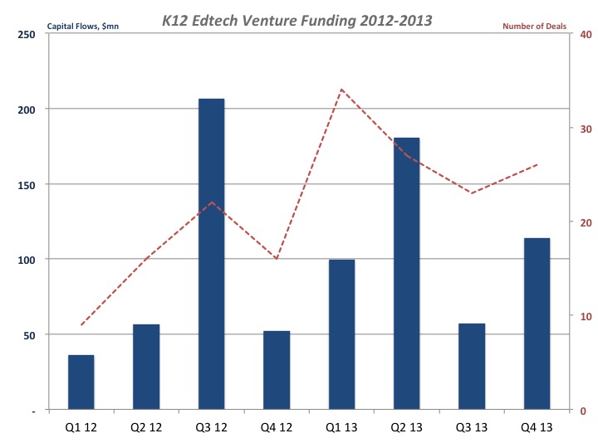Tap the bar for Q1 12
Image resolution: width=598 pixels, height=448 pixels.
81,382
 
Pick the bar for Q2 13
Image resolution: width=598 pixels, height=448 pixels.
407,273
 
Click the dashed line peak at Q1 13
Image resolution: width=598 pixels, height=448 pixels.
341,90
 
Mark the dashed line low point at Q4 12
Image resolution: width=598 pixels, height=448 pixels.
277,259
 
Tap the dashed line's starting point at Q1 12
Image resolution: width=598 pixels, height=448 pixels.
81,325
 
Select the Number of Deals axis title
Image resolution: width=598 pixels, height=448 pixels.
534,27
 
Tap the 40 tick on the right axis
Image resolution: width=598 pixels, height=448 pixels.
585,34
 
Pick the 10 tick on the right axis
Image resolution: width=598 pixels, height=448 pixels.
585,316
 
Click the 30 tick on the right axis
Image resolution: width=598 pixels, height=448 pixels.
585,129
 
